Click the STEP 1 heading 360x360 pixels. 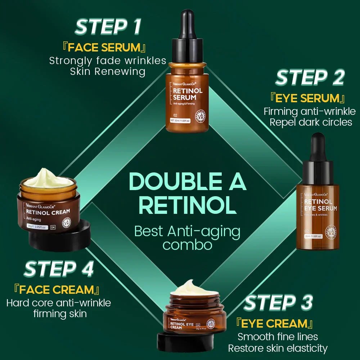tap(108, 27)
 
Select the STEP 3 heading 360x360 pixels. tap(278, 303)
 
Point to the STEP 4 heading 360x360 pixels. tap(59, 270)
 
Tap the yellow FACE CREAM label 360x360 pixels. tap(56, 289)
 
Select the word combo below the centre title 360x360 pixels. tap(187, 245)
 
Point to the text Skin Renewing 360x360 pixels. tap(108, 71)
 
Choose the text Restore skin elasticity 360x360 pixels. tap(278, 348)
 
